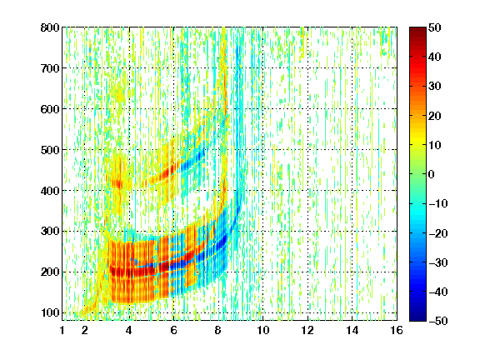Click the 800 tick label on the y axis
(x=50, y=27)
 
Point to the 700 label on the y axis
(x=50, y=68)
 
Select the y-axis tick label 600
(x=50, y=109)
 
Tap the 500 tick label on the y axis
(x=50, y=150)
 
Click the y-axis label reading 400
(x=50, y=191)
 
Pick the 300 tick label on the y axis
(x=50, y=232)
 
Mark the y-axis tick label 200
(x=50, y=272)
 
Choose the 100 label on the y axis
(x=50, y=312)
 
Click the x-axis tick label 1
(x=62, y=330)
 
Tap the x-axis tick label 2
(x=85, y=330)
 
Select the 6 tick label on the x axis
(x=173, y=330)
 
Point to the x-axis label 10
(x=263, y=330)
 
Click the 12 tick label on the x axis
(x=307, y=330)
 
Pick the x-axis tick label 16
(x=397, y=330)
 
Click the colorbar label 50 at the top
(x=434, y=27)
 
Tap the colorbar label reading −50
(x=438, y=321)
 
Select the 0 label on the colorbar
(x=432, y=174)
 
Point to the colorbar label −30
(x=438, y=262)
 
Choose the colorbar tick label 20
(x=434, y=116)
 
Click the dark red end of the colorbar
(x=417, y=31)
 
